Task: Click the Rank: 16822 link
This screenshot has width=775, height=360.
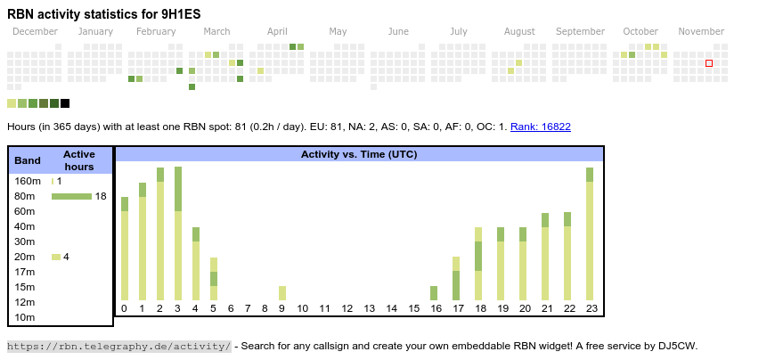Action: [x=541, y=127]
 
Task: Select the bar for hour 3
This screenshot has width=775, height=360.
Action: [x=178, y=233]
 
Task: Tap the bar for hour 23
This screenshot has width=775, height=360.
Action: [x=590, y=233]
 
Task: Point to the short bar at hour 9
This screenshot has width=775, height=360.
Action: [x=282, y=293]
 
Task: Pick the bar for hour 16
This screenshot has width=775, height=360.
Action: [x=434, y=293]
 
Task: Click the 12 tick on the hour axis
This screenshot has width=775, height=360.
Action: [x=347, y=308]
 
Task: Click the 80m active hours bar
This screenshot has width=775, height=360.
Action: [x=71, y=196]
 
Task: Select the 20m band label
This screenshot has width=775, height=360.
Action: [x=25, y=257]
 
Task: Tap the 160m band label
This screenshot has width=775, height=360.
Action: [x=28, y=181]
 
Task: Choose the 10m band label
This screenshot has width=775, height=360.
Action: [x=25, y=317]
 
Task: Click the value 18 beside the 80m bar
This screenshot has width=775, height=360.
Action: [x=101, y=196]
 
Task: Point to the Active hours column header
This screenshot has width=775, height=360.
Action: [x=79, y=160]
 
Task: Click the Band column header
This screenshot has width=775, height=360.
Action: [x=28, y=160]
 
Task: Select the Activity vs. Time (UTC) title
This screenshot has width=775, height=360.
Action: [x=359, y=154]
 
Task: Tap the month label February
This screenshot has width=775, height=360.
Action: [x=156, y=31]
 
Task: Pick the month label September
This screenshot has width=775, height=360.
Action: [x=580, y=31]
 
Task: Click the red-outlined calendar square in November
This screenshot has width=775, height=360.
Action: [x=709, y=63]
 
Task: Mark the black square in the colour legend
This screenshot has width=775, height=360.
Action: [x=65, y=103]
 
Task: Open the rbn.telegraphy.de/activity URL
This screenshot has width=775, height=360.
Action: [x=119, y=346]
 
